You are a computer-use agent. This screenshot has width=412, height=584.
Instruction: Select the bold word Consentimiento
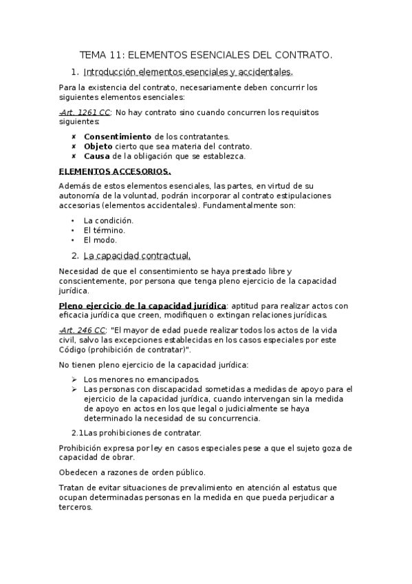[118, 136]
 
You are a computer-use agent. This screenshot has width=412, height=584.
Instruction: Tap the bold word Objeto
[98, 146]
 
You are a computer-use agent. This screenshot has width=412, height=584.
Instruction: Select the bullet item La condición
[108, 220]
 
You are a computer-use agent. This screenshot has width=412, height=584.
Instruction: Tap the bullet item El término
[104, 230]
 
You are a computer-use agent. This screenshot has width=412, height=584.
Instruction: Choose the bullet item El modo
[100, 240]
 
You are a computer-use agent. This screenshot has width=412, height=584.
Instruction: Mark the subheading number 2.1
[77, 432]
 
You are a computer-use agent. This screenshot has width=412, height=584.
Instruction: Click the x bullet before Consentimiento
[74, 136]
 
